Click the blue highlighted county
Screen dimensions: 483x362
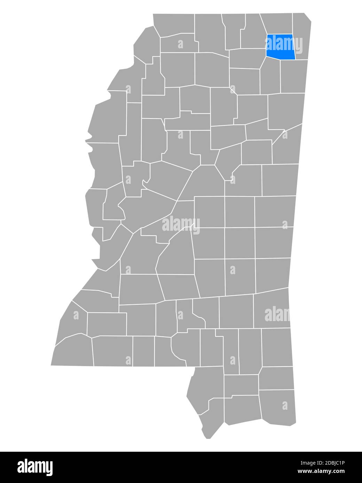tap(281, 47)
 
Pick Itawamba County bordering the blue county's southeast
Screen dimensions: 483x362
tap(293, 76)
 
